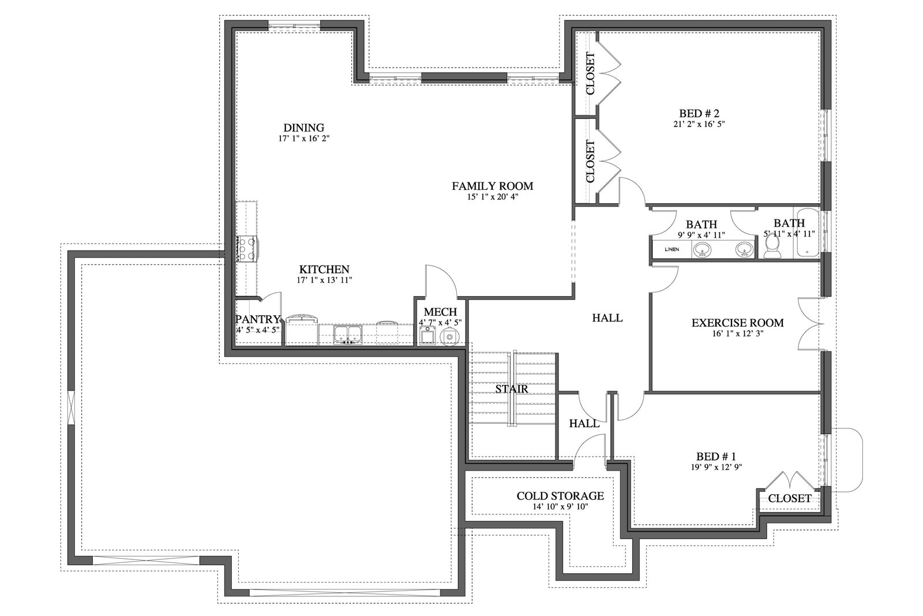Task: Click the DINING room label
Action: pyautogui.click(x=303, y=128)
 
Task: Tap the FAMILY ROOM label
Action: pyautogui.click(x=493, y=186)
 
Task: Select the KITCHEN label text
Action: pyautogui.click(x=324, y=269)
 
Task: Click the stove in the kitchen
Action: pyautogui.click(x=246, y=249)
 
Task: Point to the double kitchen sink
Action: pyautogui.click(x=348, y=334)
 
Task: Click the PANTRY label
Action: pyautogui.click(x=257, y=319)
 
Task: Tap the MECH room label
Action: pyautogui.click(x=441, y=312)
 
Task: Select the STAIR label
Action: pyautogui.click(x=511, y=389)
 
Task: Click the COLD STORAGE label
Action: pyautogui.click(x=560, y=495)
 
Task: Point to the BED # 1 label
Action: pyautogui.click(x=716, y=457)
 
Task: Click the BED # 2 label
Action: pyautogui.click(x=699, y=113)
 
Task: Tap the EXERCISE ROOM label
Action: pyautogui.click(x=738, y=322)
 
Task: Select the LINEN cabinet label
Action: pyautogui.click(x=671, y=249)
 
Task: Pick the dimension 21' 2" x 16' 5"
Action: pyautogui.click(x=699, y=124)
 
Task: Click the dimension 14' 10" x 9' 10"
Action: pyautogui.click(x=560, y=506)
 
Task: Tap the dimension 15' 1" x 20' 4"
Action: pyautogui.click(x=493, y=197)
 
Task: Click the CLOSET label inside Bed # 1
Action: pyautogui.click(x=790, y=498)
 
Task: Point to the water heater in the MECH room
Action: pyautogui.click(x=449, y=337)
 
